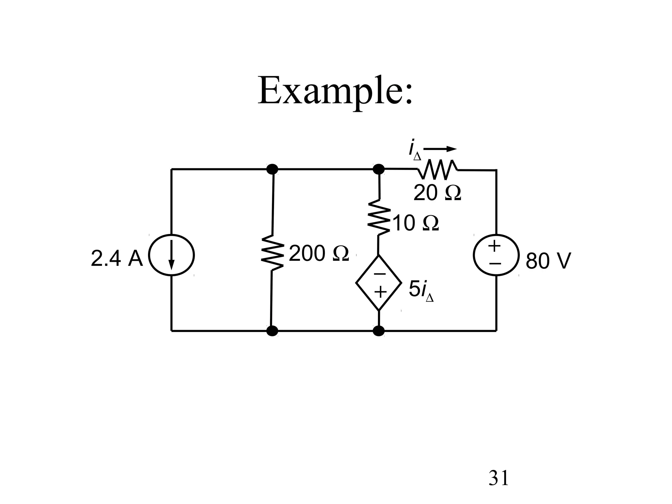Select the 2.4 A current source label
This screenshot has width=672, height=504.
[117, 259]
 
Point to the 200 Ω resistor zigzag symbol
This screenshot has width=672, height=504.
[272, 253]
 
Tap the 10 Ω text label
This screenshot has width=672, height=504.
[415, 224]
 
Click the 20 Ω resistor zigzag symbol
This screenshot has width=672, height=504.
[438, 170]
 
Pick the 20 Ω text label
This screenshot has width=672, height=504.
[437, 193]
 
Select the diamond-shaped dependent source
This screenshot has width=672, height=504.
[379, 283]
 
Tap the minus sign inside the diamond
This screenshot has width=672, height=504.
[380, 274]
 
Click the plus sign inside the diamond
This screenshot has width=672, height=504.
[380, 292]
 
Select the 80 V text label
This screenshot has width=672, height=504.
[548, 261]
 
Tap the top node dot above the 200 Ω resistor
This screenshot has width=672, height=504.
[272, 169]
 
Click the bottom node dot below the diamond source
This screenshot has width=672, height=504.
[379, 331]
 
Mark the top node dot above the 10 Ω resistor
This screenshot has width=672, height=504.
[379, 169]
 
